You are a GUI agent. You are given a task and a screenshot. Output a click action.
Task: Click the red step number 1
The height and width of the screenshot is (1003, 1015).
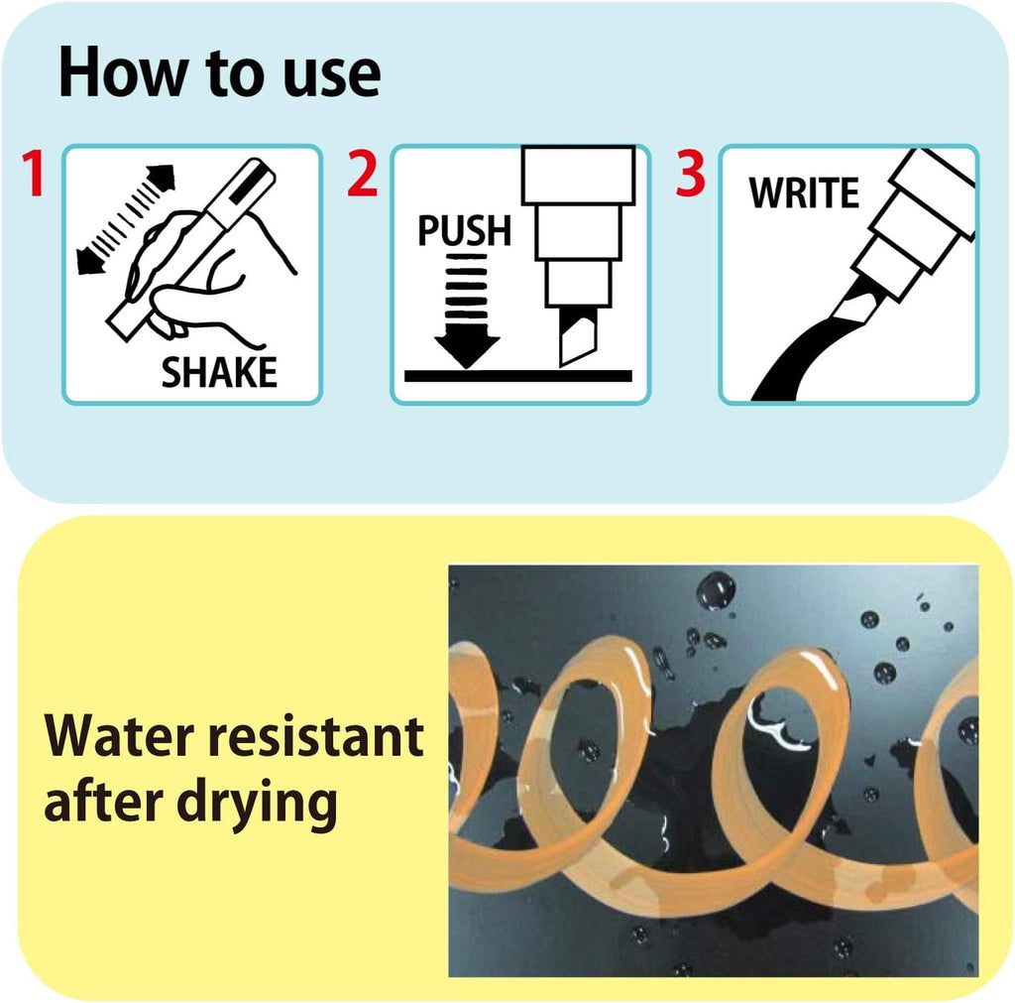[34, 175]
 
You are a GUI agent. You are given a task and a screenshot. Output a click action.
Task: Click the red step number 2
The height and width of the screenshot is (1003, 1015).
[363, 175]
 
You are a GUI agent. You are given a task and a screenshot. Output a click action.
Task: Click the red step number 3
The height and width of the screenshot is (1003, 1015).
[690, 175]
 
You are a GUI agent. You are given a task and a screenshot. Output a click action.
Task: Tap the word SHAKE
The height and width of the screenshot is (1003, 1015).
[219, 373]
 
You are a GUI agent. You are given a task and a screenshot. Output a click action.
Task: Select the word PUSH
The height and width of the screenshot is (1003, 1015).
[464, 231]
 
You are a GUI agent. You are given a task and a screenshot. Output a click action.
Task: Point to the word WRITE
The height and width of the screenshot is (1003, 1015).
[804, 193]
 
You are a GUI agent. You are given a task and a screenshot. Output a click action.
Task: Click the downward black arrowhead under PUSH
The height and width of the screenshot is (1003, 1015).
[467, 348]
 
